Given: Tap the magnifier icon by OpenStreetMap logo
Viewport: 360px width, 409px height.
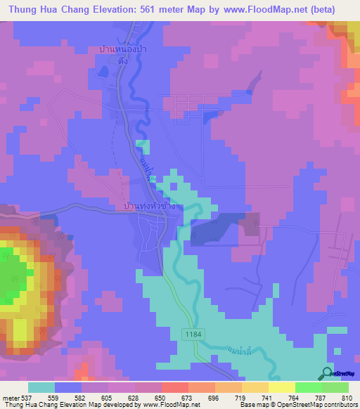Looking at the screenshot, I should (326, 374).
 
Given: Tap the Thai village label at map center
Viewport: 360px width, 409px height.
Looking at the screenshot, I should (148, 207).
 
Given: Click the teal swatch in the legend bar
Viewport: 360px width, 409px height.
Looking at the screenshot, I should (41, 387).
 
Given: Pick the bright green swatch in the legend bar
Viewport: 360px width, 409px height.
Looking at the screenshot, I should (308, 387).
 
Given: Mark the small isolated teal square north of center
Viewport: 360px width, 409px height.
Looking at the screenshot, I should (143, 147).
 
